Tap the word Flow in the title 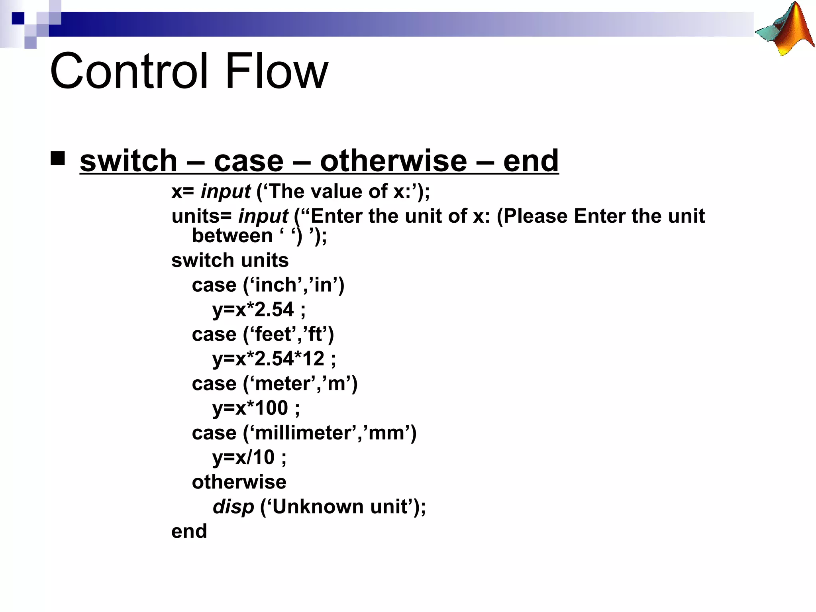(277, 72)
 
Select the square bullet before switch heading (58, 158)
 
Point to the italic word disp (233, 507)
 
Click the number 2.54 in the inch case (274, 310)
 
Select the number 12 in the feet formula (313, 359)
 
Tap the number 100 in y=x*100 (271, 408)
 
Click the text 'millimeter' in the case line (303, 433)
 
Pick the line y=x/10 (249, 457)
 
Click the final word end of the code (189, 532)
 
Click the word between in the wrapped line (232, 236)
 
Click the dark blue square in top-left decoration (18, 18)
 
